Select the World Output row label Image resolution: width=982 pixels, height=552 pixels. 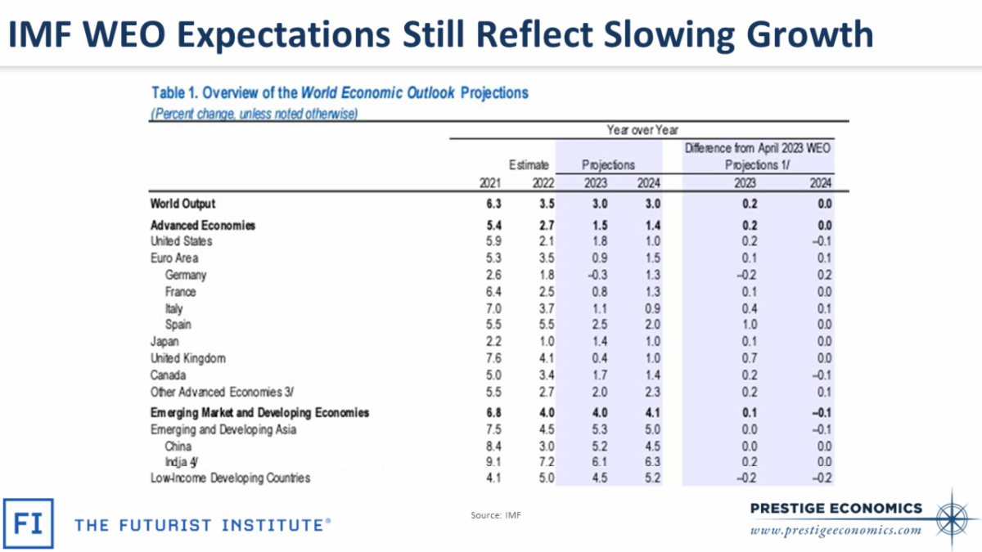coord(182,204)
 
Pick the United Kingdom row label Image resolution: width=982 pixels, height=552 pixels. coord(187,358)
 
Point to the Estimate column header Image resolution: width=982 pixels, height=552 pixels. coord(529,165)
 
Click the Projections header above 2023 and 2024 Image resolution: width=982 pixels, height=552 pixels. coord(608,165)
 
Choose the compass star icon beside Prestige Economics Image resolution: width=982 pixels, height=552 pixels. coord(954,515)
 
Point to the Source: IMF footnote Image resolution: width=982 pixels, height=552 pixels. coord(495,515)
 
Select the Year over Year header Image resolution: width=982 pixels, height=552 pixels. coord(642,129)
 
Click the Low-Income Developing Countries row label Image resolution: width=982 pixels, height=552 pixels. coord(230,478)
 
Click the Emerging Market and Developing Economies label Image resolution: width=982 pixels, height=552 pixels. coord(259,412)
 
